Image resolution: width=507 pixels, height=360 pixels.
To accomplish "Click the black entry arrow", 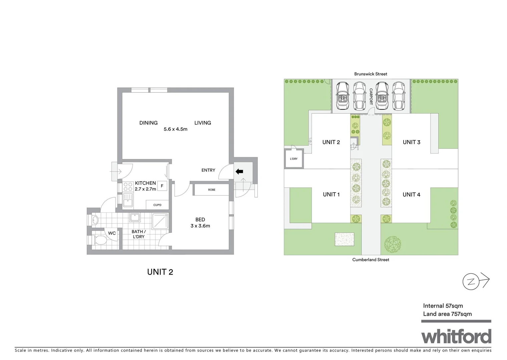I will click(239, 172).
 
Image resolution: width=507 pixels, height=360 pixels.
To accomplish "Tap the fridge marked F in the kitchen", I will click(162, 186).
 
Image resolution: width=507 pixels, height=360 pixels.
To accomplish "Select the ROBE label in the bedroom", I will click(211, 190).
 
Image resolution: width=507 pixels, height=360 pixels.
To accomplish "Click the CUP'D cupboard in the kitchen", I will click(157, 205).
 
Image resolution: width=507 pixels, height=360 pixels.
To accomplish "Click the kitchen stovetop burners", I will click(128, 187).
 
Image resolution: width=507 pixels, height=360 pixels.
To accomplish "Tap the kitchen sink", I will click(128, 200).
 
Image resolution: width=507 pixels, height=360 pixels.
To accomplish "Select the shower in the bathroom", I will click(161, 221).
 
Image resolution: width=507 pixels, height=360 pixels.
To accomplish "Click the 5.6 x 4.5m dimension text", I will click(175, 129).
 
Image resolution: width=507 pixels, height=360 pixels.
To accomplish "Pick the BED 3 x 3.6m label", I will click(200, 223).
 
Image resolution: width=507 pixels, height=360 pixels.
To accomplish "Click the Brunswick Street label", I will click(371, 74).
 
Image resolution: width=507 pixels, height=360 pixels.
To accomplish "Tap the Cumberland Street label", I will click(371, 260).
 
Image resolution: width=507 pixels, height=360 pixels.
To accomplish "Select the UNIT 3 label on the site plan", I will click(411, 142).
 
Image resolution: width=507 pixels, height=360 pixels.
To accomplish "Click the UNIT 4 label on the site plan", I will click(411, 195).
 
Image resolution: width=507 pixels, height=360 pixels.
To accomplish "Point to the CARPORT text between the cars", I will click(371, 97).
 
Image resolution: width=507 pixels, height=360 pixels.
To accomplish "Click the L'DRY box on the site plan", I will click(294, 159).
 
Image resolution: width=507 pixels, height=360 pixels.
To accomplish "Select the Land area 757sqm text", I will click(447, 314).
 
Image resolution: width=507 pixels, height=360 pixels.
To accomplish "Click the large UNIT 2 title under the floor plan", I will click(160, 272).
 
